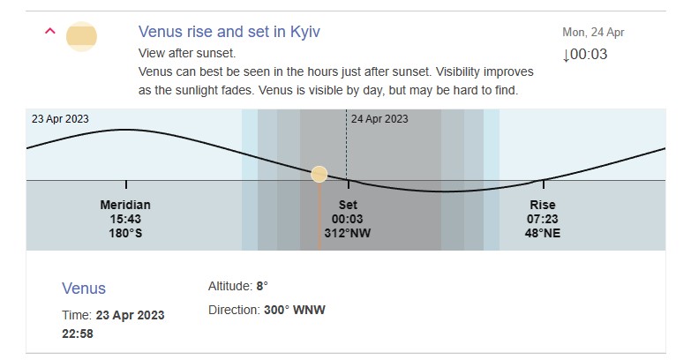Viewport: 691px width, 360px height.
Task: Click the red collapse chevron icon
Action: click(50, 31)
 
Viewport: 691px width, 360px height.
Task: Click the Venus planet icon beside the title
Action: click(81, 36)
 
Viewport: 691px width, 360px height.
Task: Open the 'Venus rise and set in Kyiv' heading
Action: click(229, 32)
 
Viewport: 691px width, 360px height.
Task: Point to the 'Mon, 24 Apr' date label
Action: click(593, 32)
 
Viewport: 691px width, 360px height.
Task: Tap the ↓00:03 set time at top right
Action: click(585, 54)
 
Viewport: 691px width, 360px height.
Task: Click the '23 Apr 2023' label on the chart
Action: click(60, 119)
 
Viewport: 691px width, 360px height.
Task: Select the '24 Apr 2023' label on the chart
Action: click(379, 119)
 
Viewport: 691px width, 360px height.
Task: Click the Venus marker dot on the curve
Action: click(319, 174)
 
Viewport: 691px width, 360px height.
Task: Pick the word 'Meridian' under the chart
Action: click(125, 205)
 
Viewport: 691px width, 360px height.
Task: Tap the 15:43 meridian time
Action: click(125, 219)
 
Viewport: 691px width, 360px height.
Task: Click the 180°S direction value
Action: click(125, 233)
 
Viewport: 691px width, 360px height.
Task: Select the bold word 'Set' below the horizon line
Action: click(348, 205)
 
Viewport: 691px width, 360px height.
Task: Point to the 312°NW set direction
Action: click(348, 233)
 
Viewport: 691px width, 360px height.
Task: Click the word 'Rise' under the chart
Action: click(543, 205)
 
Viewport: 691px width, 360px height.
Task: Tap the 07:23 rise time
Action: click(543, 219)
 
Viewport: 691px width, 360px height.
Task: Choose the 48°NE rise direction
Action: click(543, 233)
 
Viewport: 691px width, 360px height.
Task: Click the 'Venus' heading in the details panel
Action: click(84, 289)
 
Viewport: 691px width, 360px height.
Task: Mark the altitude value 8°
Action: click(262, 286)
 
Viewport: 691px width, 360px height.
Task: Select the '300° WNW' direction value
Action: click(295, 310)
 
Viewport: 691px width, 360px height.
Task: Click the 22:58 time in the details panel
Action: click(78, 334)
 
